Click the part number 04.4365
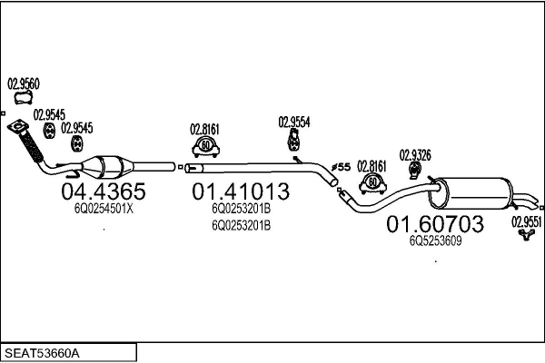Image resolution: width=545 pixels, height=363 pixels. pyautogui.click(x=103, y=191)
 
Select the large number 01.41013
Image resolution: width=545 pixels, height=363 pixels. pyautogui.click(x=241, y=191)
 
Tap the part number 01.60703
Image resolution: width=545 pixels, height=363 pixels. pyautogui.click(x=435, y=223)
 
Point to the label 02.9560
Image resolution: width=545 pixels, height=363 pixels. pyautogui.click(x=23, y=83)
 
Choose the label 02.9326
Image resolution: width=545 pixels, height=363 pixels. pyautogui.click(x=414, y=153)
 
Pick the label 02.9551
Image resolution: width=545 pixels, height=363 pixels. pyautogui.click(x=526, y=220)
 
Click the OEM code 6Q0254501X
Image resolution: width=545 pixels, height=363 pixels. pyautogui.click(x=103, y=208)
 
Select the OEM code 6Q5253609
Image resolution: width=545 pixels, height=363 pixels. pyautogui.click(x=435, y=240)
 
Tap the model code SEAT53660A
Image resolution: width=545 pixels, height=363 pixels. pyautogui.click(x=43, y=350)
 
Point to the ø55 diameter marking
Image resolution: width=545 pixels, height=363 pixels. pyautogui.click(x=341, y=167)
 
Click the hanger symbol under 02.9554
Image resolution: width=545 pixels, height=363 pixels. pyautogui.click(x=294, y=141)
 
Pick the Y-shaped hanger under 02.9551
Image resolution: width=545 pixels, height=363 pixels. pyautogui.click(x=525, y=236)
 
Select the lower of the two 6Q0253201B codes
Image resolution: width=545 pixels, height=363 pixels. pyautogui.click(x=241, y=224)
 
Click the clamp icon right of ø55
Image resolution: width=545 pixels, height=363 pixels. pyautogui.click(x=372, y=183)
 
